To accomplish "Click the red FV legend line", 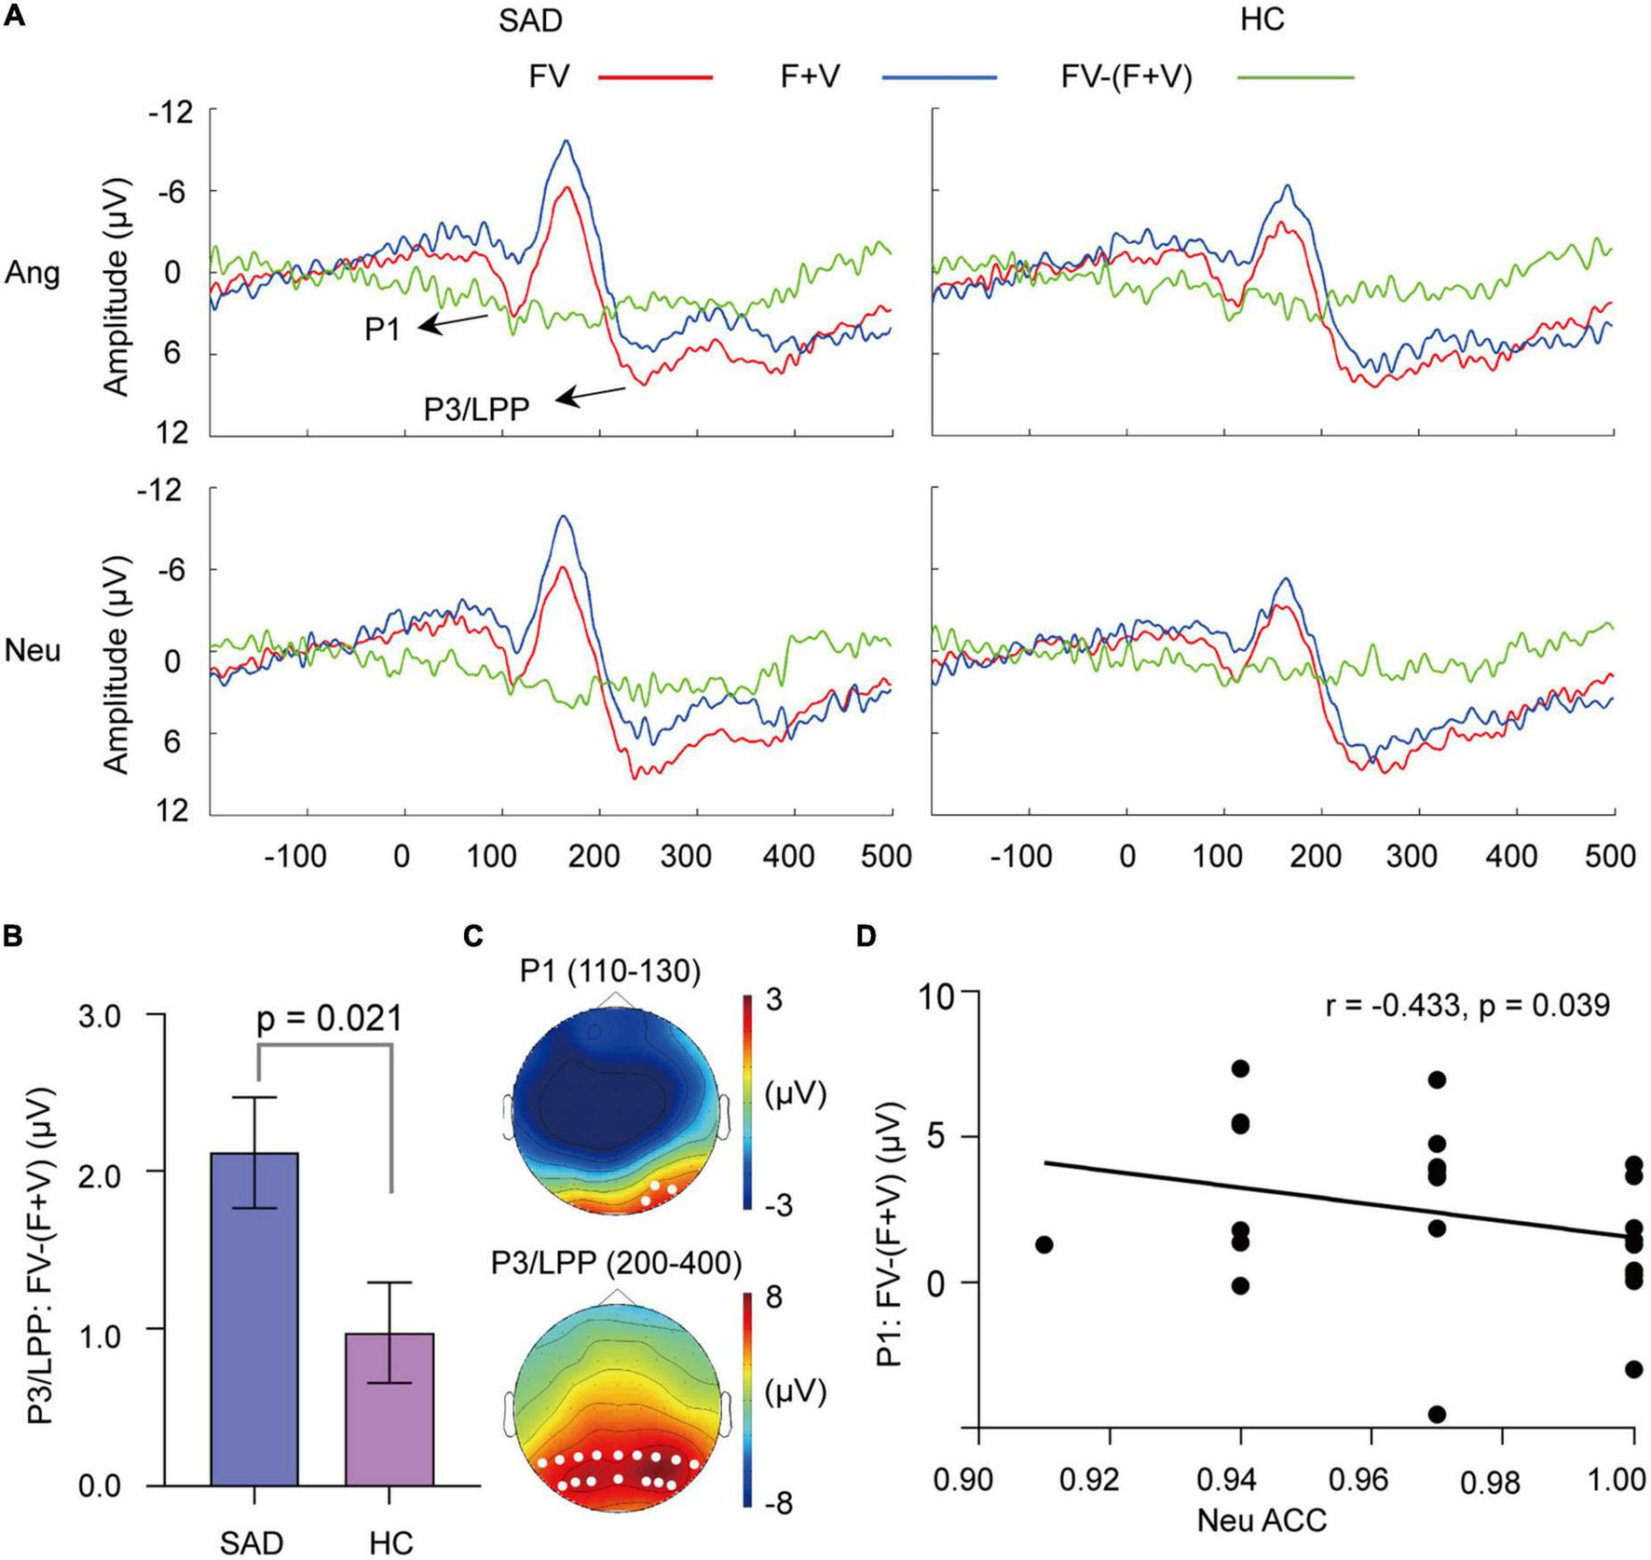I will (654, 77).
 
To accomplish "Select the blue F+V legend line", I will (938, 77).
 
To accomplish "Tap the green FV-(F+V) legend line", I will (1295, 77).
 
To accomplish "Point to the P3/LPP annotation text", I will (476, 409).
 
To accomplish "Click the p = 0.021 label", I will (329, 1019).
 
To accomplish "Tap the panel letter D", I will (867, 937).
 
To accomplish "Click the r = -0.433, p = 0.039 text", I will (1467, 1006).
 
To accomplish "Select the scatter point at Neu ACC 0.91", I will (1044, 1245).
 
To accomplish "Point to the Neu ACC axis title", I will (1262, 1522).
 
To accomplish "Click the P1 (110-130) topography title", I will (609, 972).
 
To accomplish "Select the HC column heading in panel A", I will (1262, 20).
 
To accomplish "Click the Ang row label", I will (33, 273).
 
